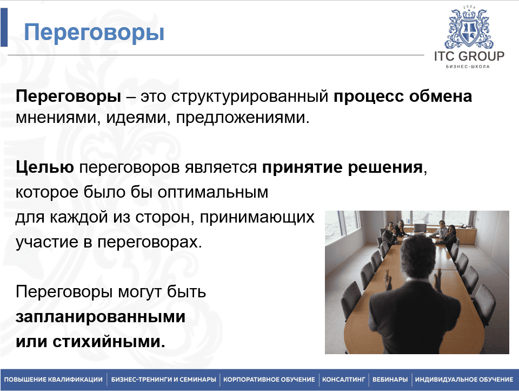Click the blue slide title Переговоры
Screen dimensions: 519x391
coord(94,32)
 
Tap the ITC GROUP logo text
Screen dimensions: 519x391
coord(469,56)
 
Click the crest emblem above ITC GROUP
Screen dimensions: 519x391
coord(469,28)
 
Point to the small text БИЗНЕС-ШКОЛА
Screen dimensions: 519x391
coord(468,67)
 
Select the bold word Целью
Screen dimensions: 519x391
coord(45,167)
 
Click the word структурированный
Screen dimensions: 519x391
coord(250,96)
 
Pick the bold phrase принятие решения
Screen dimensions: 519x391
coord(343,167)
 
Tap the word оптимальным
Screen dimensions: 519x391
coord(213,192)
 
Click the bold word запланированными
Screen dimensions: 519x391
coord(101,317)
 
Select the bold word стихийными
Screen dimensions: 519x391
coord(109,342)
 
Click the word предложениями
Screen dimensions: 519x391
coord(242,118)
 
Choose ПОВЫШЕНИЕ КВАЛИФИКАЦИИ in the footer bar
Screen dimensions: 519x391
coord(54,380)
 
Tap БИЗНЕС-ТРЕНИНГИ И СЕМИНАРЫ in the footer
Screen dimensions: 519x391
coord(163,380)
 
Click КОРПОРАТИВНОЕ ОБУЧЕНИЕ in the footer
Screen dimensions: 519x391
coord(269,380)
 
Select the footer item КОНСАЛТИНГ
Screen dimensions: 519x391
coord(344,380)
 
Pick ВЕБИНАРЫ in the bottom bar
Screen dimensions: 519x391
coord(390,380)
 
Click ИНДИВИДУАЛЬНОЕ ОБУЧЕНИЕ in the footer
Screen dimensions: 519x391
coord(464,380)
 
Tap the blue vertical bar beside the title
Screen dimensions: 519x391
coord(4,27)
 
